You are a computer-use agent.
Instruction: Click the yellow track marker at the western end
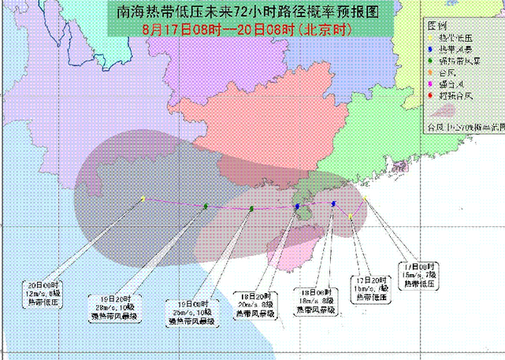coord(143,199)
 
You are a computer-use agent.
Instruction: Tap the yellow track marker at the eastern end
coord(365,200)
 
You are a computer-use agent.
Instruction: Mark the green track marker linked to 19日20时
coord(206,206)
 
